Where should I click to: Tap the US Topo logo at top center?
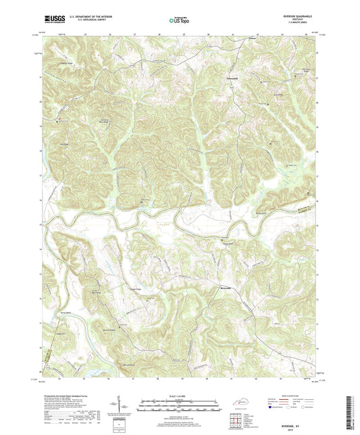(x=178, y=21)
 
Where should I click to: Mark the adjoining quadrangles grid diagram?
(x=238, y=421)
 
